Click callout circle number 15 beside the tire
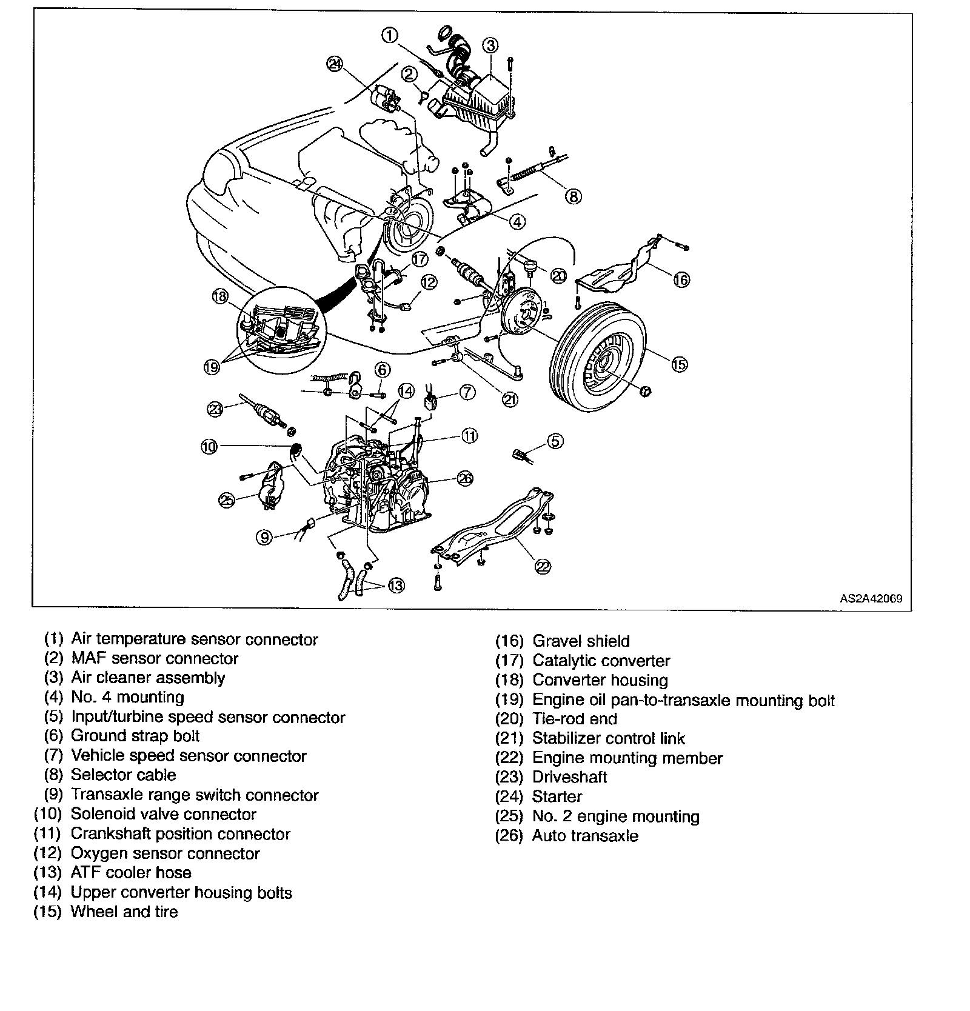pyautogui.click(x=679, y=364)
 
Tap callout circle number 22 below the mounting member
pyautogui.click(x=543, y=566)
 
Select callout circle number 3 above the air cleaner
pyautogui.click(x=490, y=45)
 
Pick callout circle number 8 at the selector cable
pyautogui.click(x=574, y=196)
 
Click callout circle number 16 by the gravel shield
pyautogui.click(x=681, y=279)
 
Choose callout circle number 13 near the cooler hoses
pyautogui.click(x=395, y=586)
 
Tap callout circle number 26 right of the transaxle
pyautogui.click(x=464, y=478)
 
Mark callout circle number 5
pyautogui.click(x=555, y=441)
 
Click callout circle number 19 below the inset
pyautogui.click(x=211, y=367)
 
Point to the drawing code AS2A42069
pyautogui.click(x=871, y=598)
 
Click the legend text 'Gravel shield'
pyautogui.click(x=581, y=641)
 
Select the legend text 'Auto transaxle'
pyautogui.click(x=584, y=836)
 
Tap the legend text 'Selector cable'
pyautogui.click(x=123, y=775)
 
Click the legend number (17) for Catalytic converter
pyautogui.click(x=509, y=661)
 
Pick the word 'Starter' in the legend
pyautogui.click(x=557, y=796)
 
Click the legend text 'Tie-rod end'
pyautogui.click(x=574, y=719)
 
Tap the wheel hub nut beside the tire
pyautogui.click(x=646, y=391)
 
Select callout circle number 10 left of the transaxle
pyautogui.click(x=209, y=447)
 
